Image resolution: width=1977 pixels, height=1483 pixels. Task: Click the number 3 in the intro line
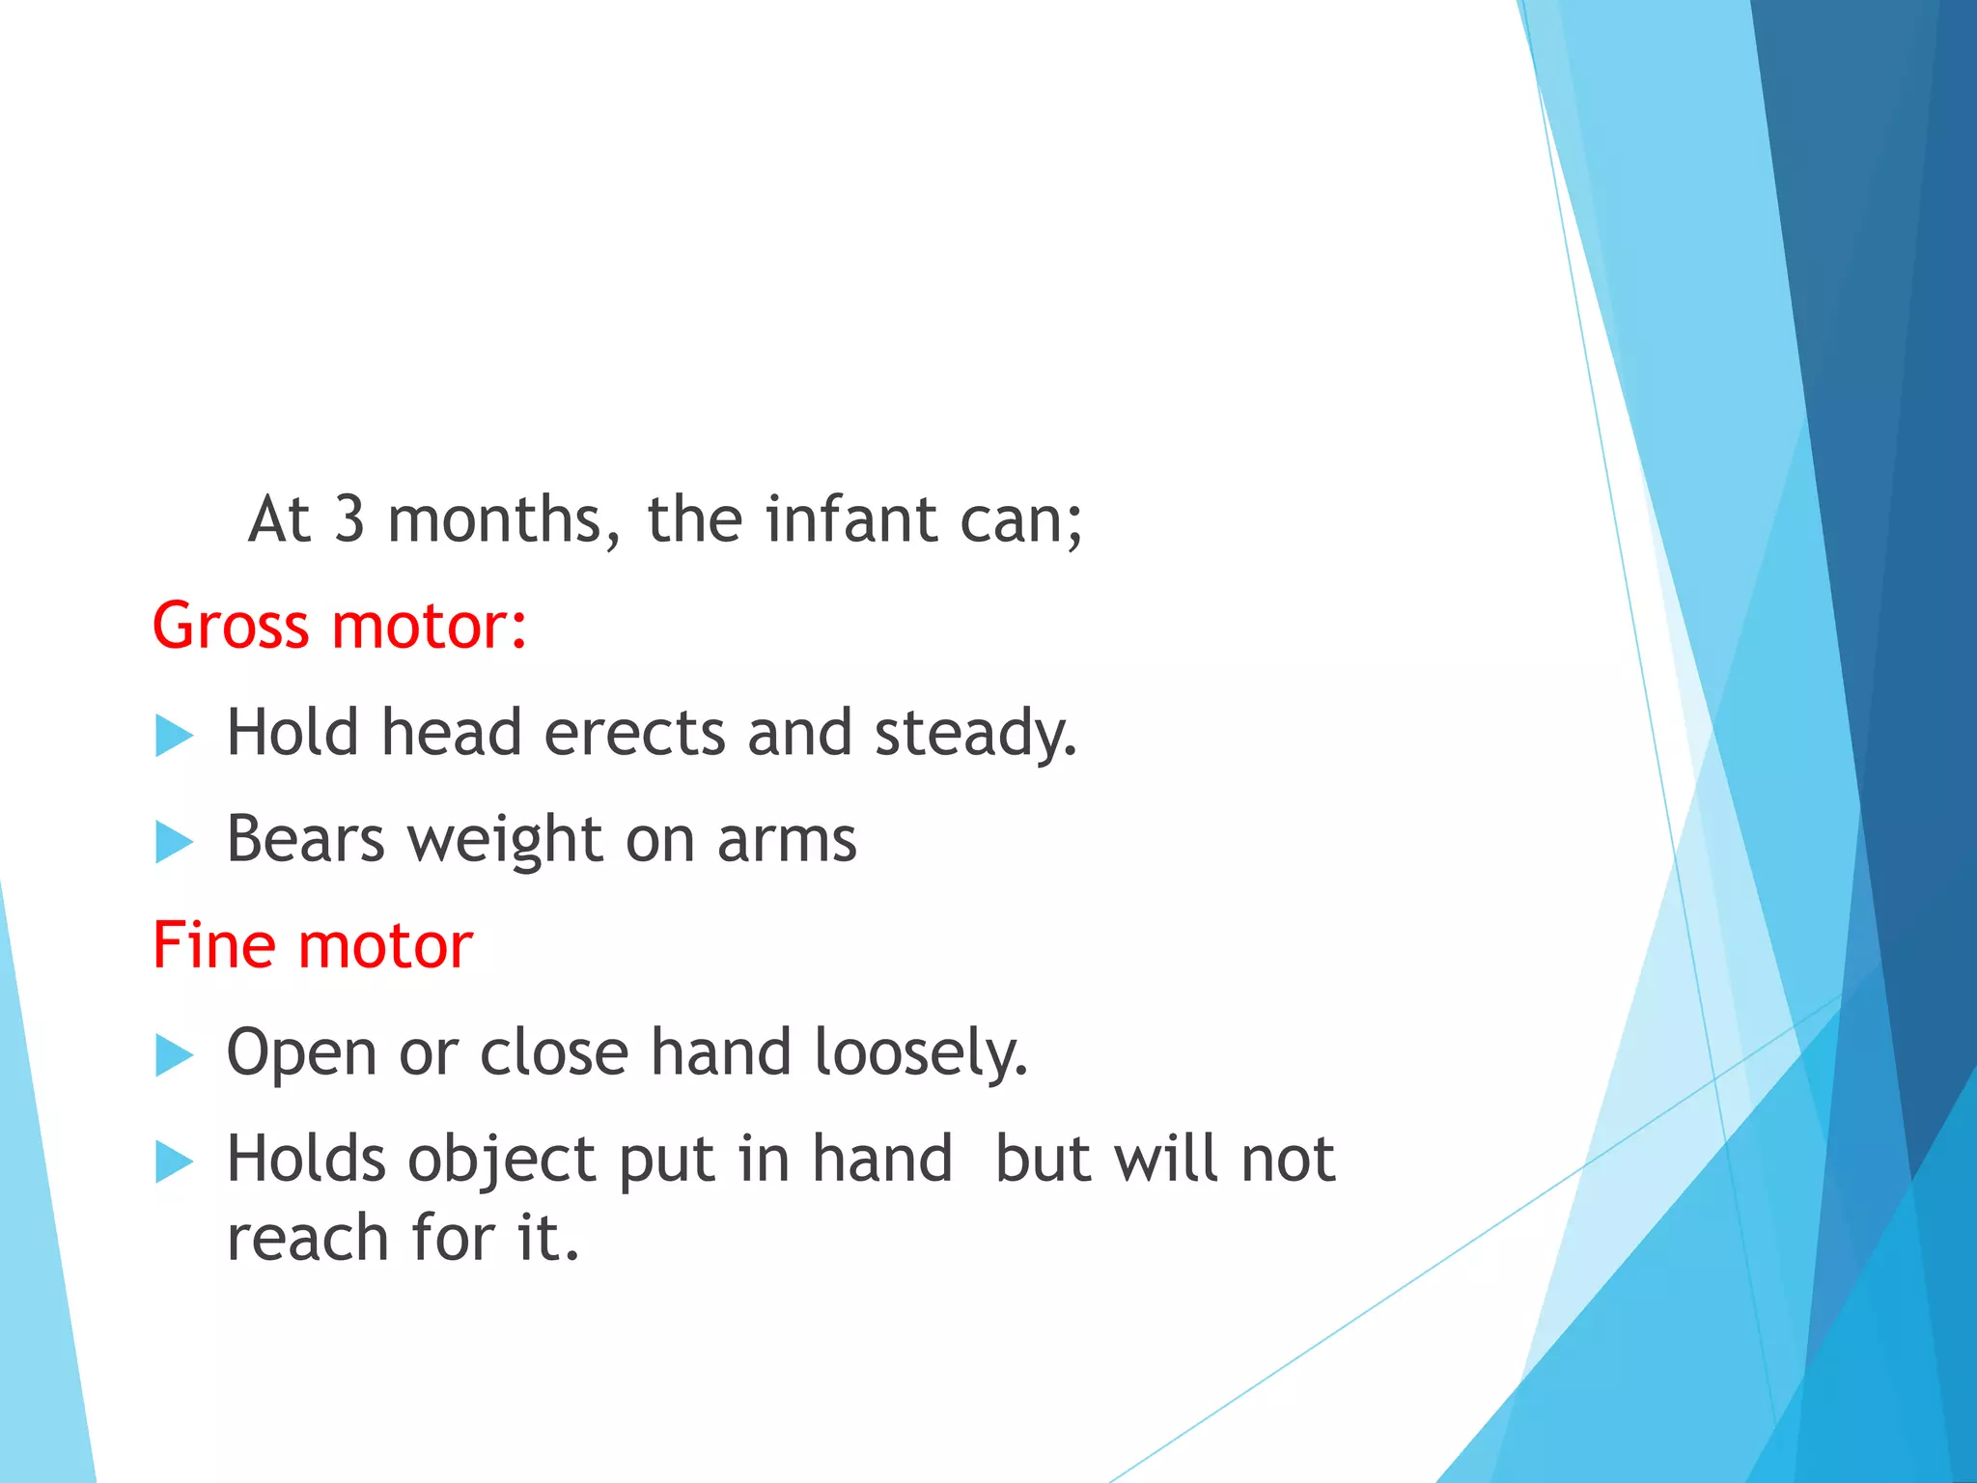click(349, 519)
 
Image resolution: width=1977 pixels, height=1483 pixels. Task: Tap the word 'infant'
click(851, 519)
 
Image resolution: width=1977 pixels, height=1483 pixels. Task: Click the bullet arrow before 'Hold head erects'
click(174, 737)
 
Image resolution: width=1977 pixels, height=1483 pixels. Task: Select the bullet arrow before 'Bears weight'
click(174, 843)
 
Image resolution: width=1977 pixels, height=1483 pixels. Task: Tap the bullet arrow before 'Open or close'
click(174, 1055)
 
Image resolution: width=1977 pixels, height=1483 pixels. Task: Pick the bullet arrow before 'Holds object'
click(174, 1161)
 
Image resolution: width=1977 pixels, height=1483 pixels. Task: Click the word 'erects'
click(634, 733)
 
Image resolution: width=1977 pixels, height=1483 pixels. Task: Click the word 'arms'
click(786, 840)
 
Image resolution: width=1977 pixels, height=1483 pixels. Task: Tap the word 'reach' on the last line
click(307, 1238)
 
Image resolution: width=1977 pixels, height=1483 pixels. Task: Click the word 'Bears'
click(305, 839)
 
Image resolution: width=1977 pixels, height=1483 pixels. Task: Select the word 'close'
click(554, 1051)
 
